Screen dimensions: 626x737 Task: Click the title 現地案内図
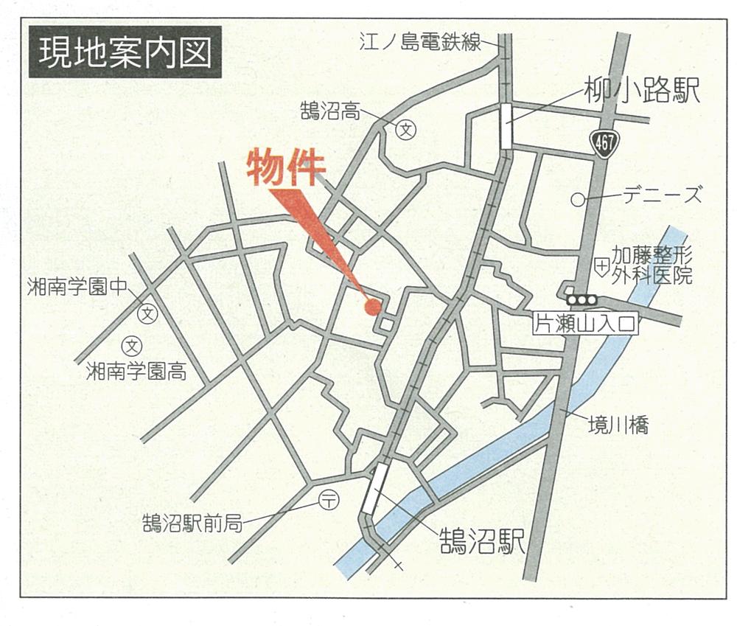(x=125, y=52)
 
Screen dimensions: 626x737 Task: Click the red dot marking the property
(x=373, y=307)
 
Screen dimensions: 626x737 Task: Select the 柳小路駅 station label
(x=640, y=92)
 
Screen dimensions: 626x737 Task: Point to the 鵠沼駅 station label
(x=482, y=541)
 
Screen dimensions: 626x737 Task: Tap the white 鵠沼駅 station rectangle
(x=374, y=489)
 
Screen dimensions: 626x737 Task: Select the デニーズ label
(x=662, y=196)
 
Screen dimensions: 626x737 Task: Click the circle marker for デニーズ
(x=579, y=199)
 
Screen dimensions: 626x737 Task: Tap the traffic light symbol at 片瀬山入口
(x=581, y=300)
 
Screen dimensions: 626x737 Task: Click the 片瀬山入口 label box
(x=584, y=324)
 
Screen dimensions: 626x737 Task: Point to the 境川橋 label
(x=618, y=425)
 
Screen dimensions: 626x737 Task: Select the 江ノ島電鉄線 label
(x=420, y=41)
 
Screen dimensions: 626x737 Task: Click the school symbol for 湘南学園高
(x=132, y=344)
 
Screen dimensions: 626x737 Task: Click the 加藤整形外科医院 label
(x=652, y=266)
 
